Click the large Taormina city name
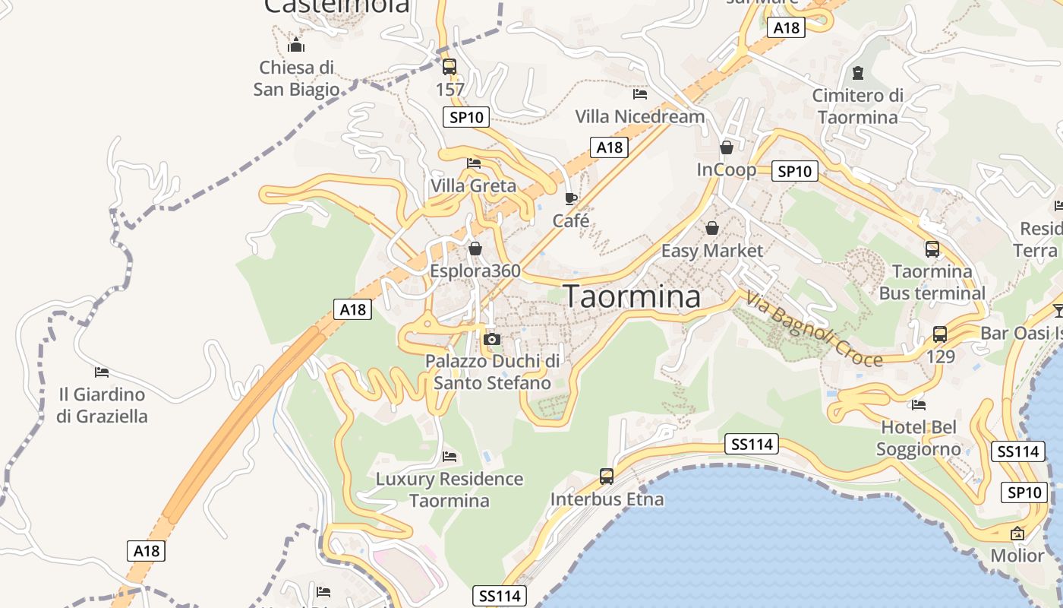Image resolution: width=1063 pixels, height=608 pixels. pyautogui.click(x=632, y=296)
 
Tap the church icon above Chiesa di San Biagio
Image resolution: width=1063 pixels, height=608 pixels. pyautogui.click(x=296, y=46)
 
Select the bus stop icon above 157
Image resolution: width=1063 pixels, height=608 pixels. pyautogui.click(x=449, y=66)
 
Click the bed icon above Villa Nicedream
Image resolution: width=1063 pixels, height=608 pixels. pyautogui.click(x=640, y=94)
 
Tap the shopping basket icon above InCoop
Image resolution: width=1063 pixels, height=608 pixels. pyautogui.click(x=727, y=147)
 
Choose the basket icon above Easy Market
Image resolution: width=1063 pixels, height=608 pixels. pyautogui.click(x=712, y=228)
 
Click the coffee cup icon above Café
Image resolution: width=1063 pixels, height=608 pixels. pyautogui.click(x=571, y=199)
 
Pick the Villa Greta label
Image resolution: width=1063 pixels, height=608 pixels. pyautogui.click(x=473, y=186)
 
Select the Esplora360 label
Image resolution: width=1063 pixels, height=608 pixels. pyautogui.click(x=475, y=271)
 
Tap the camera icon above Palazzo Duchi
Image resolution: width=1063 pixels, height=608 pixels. pyautogui.click(x=492, y=339)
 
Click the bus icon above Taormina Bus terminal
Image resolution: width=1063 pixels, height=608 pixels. pyautogui.click(x=932, y=249)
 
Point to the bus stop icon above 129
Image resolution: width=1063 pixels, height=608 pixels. pyautogui.click(x=940, y=334)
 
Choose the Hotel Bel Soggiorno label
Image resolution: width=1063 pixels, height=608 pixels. pyautogui.click(x=919, y=439)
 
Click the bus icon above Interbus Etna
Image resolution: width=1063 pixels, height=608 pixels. pyautogui.click(x=607, y=477)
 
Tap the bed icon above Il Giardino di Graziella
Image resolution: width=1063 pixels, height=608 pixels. pyautogui.click(x=102, y=372)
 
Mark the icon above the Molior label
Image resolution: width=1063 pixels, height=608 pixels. pyautogui.click(x=1017, y=534)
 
